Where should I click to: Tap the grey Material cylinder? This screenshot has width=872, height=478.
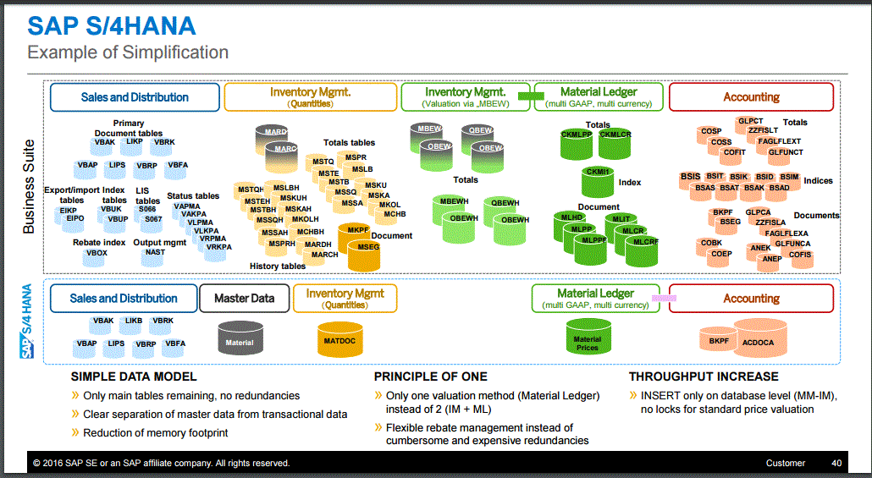coord(240,340)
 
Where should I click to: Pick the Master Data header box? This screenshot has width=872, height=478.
coord(244,298)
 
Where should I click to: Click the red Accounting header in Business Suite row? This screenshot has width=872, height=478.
coord(751,96)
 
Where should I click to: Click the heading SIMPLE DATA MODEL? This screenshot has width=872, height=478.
coord(134,376)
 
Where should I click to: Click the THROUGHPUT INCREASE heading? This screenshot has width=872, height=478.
coord(704,376)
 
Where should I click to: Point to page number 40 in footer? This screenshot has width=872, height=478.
coord(836,463)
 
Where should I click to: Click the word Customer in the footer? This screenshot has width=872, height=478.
coord(786,463)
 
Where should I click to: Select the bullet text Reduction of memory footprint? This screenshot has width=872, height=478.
coord(155,433)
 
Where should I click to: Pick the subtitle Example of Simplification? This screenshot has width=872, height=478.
coord(128,52)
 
